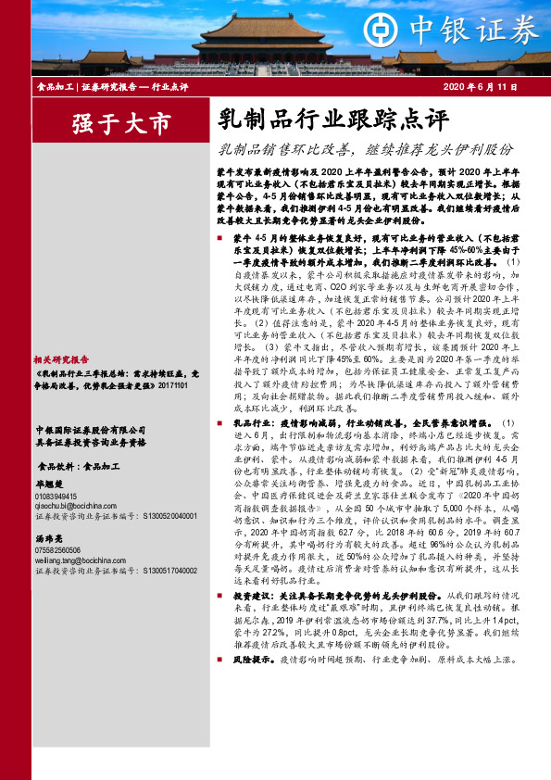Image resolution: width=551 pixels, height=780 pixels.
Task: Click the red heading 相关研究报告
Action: tap(60, 359)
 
